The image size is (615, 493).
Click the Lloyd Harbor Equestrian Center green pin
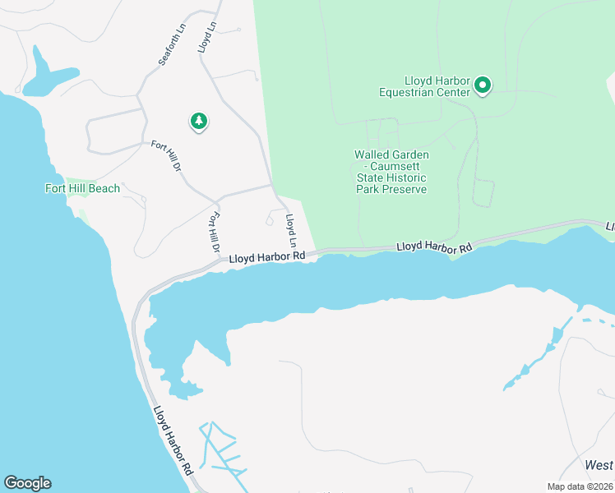tap(483, 84)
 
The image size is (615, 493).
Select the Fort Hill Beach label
tap(82, 188)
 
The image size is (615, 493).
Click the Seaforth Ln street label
tap(168, 48)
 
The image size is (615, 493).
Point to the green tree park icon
tap(198, 122)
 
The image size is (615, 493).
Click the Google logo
tap(27, 483)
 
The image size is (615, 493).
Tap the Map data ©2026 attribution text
tap(579, 486)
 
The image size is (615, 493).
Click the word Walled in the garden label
tap(372, 154)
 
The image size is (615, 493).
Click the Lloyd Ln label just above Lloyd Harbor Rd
tap(290, 230)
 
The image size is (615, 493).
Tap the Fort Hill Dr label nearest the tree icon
tap(165, 155)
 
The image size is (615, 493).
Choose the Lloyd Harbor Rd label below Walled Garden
tap(434, 246)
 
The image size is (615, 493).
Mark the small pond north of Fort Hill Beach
tap(45, 76)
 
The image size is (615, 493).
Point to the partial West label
tap(599, 465)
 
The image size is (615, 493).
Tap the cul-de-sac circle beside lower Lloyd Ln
tap(271, 220)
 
